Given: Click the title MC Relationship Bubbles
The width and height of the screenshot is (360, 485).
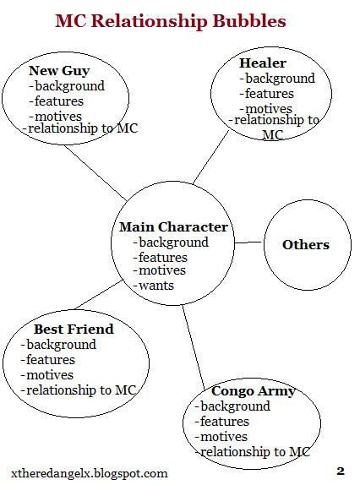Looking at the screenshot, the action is tap(171, 21).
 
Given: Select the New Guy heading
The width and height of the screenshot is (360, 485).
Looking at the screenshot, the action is tap(59, 71).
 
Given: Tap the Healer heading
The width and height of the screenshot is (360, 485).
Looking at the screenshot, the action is tap(263, 63).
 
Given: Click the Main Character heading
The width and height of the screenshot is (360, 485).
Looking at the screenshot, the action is tap(173, 226).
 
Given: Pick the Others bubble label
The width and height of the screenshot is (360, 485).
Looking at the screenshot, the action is tap(306, 245).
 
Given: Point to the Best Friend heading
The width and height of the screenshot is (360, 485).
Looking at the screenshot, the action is tap(74, 330).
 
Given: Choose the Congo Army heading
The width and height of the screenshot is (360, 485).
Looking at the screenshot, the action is tap(254, 391).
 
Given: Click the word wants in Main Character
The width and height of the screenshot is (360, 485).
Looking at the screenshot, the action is tap(154, 286).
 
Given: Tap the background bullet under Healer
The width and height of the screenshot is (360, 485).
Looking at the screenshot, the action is tap(277, 79).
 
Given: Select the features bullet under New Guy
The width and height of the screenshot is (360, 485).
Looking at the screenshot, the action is tap(57, 101).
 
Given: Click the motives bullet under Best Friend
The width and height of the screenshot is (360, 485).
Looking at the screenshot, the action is tap(47, 375).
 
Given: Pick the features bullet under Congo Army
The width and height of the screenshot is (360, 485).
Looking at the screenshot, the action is tap(221, 422).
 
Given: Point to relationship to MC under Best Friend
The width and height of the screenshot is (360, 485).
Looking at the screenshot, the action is tap(79, 390).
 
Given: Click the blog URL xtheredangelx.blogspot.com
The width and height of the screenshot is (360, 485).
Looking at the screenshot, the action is tap(90, 473).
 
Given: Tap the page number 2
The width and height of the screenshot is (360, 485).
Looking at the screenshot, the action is tap(341, 471).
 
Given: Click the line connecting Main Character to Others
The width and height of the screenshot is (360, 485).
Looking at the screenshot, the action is tap(248, 243).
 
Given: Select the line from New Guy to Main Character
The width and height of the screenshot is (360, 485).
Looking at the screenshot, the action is tap(95, 173).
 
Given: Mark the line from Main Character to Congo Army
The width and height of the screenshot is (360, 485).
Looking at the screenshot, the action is tap(194, 347).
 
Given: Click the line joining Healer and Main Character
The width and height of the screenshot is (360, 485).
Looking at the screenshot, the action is tap(211, 157).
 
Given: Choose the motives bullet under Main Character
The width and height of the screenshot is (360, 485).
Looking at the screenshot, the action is tap(160, 270).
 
